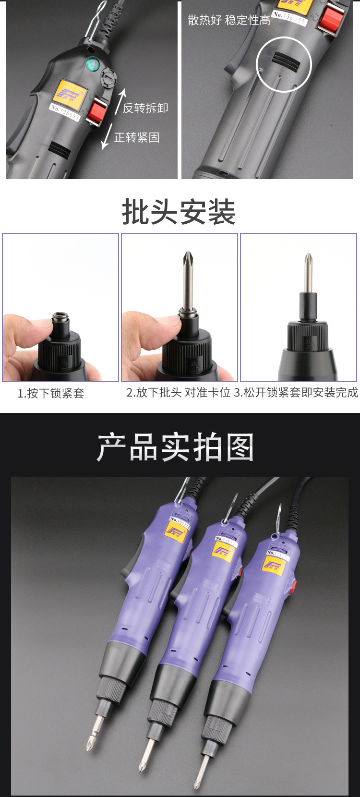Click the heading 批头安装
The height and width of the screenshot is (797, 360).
click(179, 212)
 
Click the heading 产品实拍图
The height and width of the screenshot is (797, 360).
click(175, 447)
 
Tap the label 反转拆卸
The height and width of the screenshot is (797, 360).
click(145, 108)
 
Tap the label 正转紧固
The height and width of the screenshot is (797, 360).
click(137, 138)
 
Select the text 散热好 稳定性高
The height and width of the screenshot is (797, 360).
click(229, 20)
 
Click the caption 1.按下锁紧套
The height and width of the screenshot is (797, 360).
click(51, 394)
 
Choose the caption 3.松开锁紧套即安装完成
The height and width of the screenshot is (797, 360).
click(296, 393)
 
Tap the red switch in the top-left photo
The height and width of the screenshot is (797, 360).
click(97, 111)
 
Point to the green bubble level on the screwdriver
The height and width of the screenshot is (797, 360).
click(92, 62)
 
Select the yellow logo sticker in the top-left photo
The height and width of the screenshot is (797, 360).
click(69, 92)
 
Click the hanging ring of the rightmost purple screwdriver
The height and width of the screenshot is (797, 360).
click(278, 519)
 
